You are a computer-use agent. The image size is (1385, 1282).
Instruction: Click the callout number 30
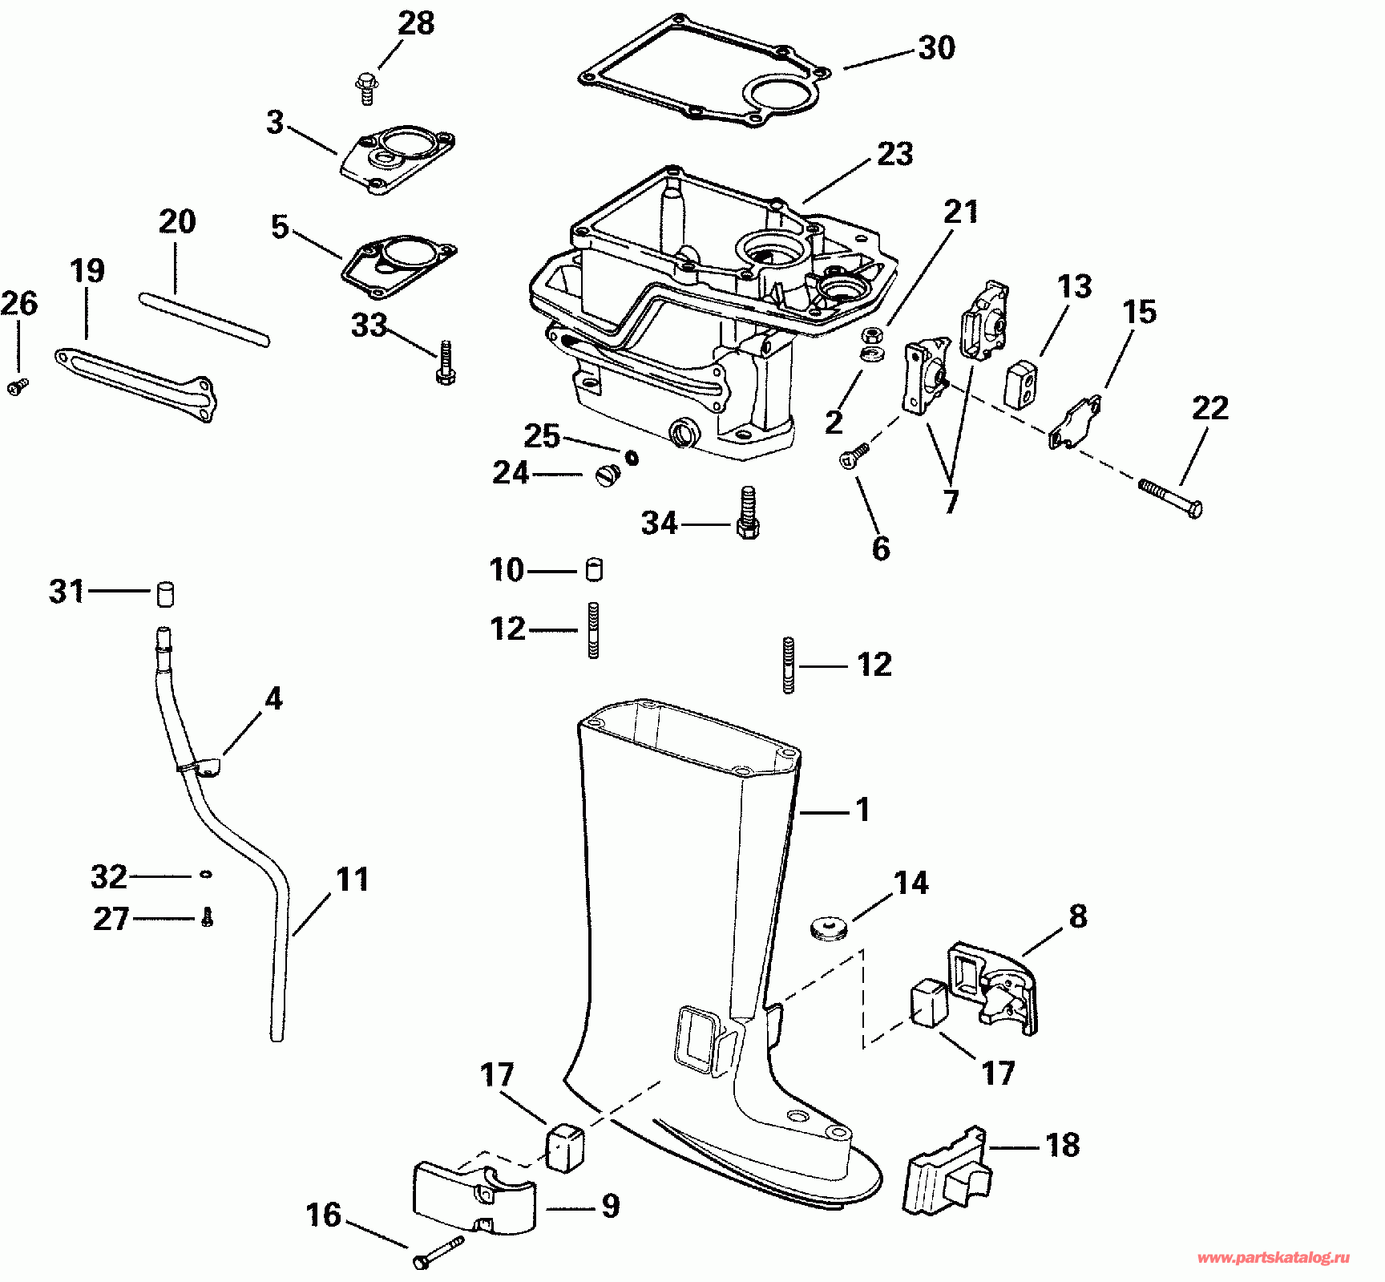pyautogui.click(x=936, y=48)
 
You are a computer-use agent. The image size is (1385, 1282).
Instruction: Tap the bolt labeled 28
pyautogui.click(x=366, y=87)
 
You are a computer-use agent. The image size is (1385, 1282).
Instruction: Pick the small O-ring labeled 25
pyautogui.click(x=632, y=457)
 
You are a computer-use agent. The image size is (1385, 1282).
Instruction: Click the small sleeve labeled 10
pyautogui.click(x=594, y=569)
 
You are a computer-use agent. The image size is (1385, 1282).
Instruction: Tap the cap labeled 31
pyautogui.click(x=164, y=592)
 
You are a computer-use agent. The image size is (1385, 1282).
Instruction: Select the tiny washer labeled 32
pyautogui.click(x=206, y=874)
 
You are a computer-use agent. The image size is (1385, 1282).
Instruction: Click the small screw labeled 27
pyautogui.click(x=207, y=917)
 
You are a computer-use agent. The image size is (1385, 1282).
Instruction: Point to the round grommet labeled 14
pyautogui.click(x=829, y=928)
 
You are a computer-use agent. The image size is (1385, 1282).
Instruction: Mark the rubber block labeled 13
pyautogui.click(x=1022, y=383)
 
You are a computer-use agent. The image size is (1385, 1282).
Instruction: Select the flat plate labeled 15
pyautogui.click(x=1075, y=423)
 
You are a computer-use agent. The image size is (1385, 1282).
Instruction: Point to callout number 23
pyautogui.click(x=894, y=153)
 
